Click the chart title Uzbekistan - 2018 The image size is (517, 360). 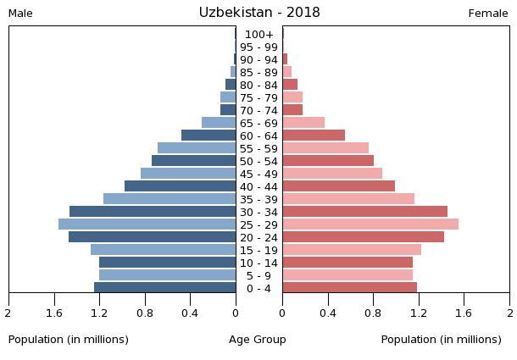259,13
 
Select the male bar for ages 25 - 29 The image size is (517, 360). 147,224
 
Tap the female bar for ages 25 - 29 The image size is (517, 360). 370,224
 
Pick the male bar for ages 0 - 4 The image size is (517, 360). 164,288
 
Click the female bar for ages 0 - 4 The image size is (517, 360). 349,288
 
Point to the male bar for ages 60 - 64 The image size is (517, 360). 208,136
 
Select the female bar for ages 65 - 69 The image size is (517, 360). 303,123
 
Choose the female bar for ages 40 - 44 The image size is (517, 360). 338,186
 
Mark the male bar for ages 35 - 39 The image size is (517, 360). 170,199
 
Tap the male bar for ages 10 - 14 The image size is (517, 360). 167,263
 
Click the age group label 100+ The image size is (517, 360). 258,35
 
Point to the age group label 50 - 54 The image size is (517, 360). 258,161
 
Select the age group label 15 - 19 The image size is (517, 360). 258,250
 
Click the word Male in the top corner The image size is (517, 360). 20,14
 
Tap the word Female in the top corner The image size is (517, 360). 487,14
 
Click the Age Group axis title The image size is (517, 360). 258,340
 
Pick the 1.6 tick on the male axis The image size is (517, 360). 54,313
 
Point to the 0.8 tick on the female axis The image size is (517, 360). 373,313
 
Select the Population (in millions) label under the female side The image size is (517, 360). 441,340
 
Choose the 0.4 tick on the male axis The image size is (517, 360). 190,313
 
